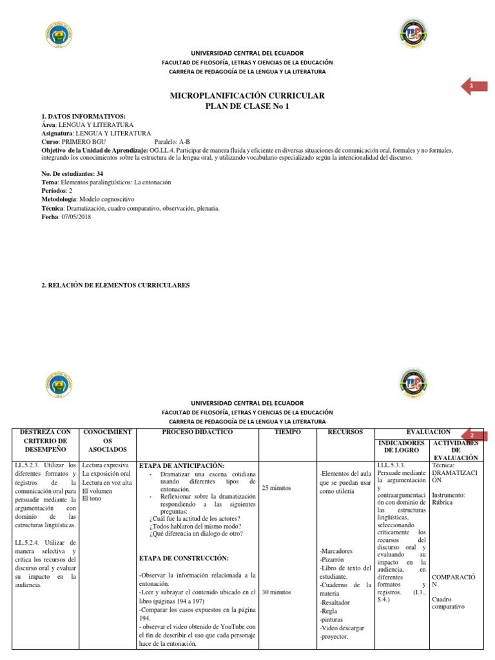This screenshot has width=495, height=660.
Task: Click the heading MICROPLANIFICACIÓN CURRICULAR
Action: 247,95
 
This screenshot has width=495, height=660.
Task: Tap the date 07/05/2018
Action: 77,217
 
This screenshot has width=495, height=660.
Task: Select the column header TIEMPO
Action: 287,431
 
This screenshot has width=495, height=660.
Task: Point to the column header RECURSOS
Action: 344,431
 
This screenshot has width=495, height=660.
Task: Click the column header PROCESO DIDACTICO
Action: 197,431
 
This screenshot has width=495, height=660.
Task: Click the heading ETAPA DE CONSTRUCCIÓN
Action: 184,558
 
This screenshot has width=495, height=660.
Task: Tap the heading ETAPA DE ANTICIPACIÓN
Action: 182,465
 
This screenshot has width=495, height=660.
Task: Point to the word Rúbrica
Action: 442,502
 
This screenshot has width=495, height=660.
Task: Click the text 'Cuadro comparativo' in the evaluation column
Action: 448,602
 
